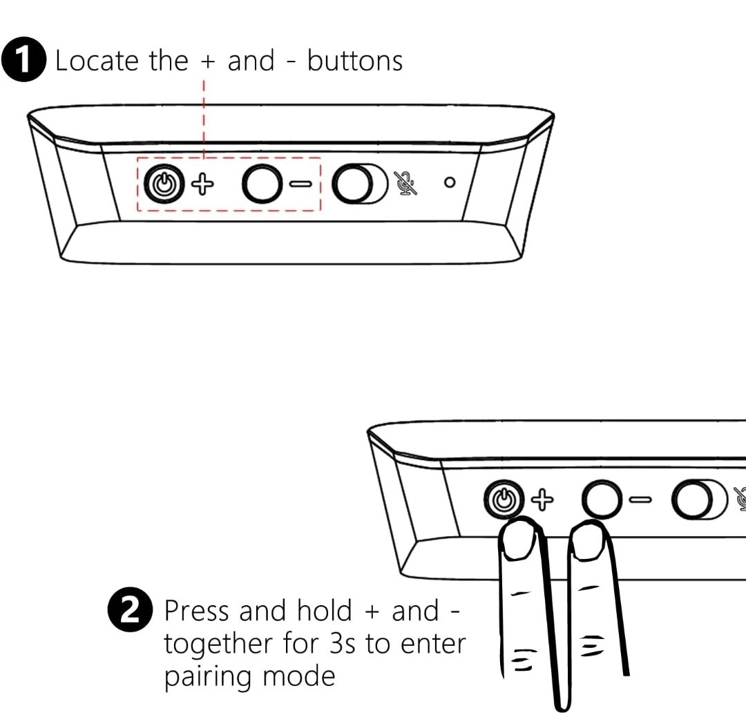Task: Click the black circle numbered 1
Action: (23, 59)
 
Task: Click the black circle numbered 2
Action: (131, 609)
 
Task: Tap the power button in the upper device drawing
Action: (164, 184)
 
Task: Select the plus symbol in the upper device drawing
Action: (202, 184)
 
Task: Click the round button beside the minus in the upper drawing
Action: (261, 184)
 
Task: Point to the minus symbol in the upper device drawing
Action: (300, 184)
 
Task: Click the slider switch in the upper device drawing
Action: (360, 184)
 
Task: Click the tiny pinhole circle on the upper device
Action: (450, 182)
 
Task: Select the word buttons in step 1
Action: (355, 61)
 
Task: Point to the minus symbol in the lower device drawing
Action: (640, 499)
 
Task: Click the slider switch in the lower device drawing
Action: (699, 499)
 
